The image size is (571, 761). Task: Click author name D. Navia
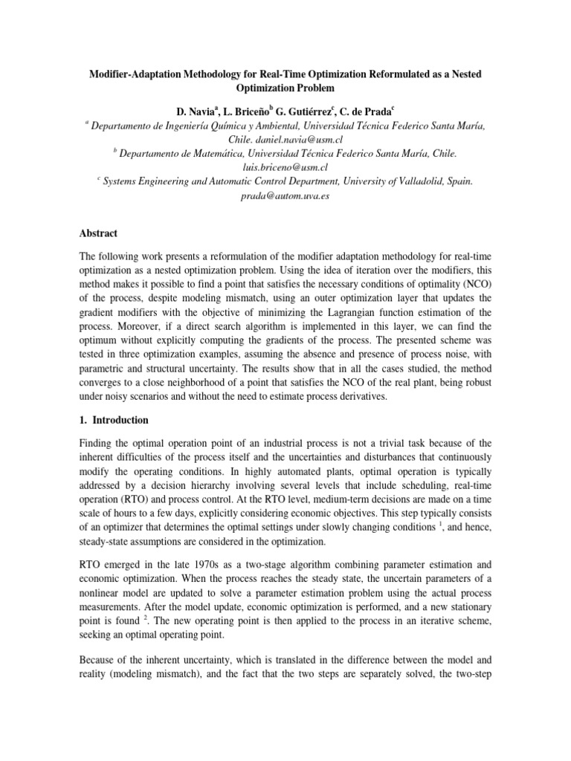tap(195, 111)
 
